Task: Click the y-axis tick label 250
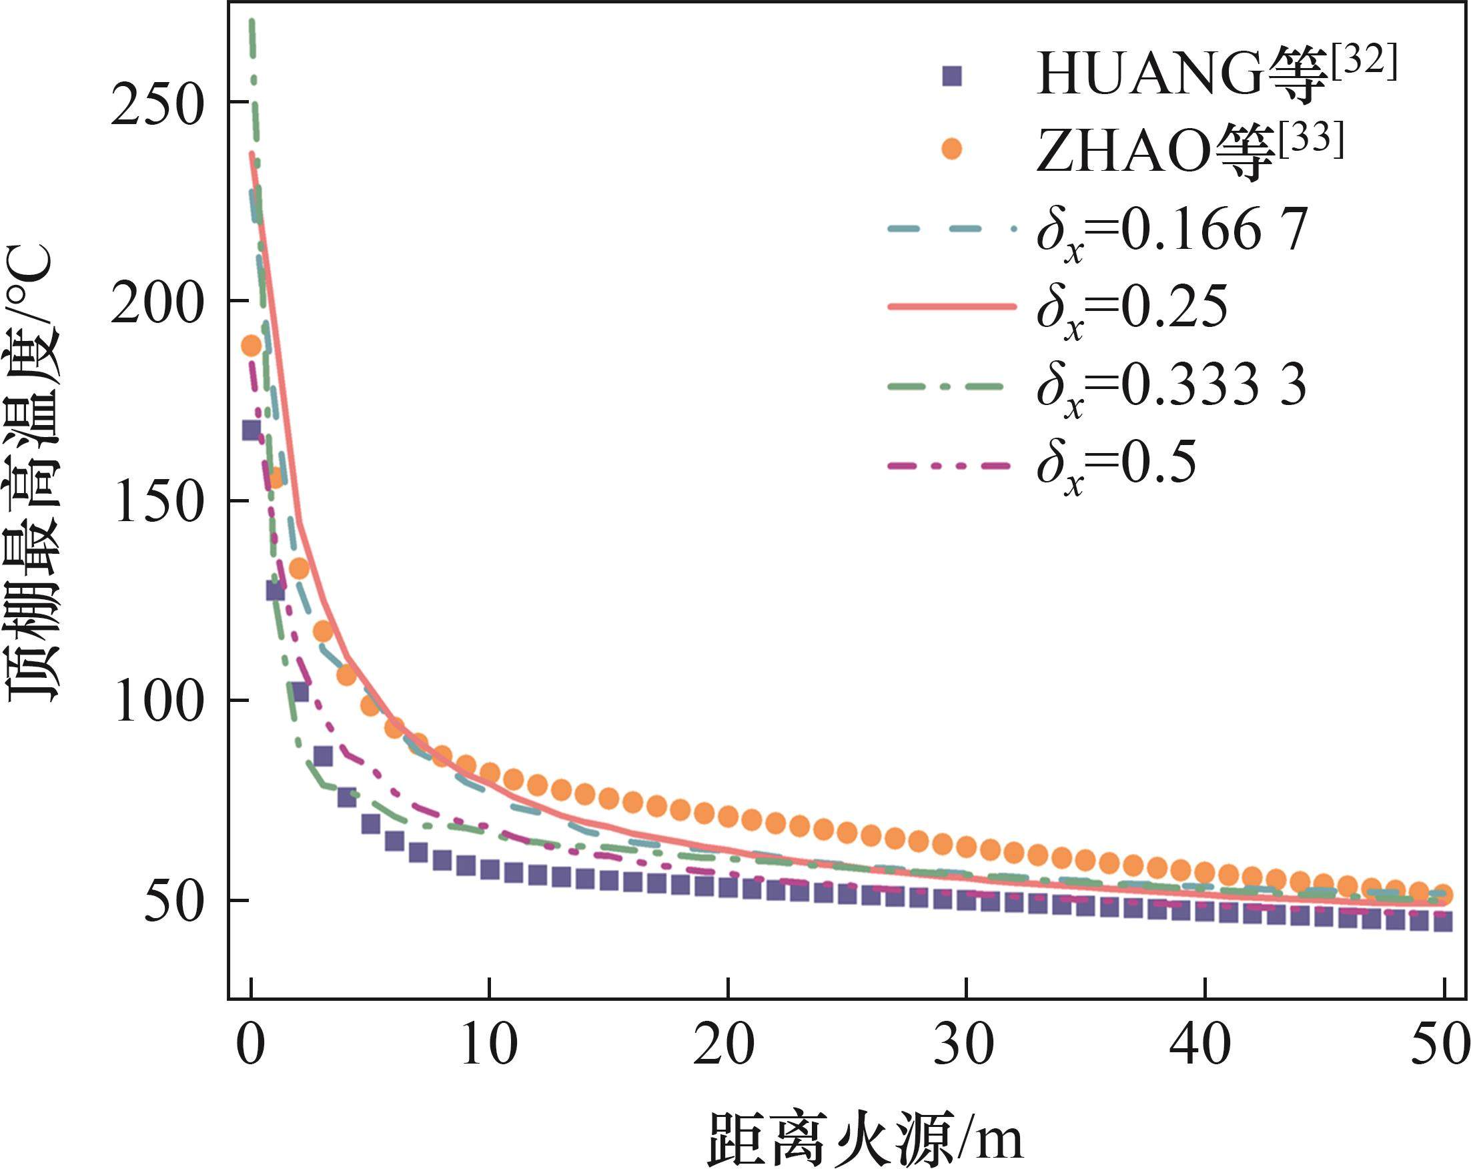tap(157, 104)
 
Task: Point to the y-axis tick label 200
tap(157, 303)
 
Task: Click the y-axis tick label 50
tap(174, 902)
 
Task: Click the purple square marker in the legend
tap(951, 77)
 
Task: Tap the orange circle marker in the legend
tap(951, 149)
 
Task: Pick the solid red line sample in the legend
tap(952, 308)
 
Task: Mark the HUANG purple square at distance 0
tap(251, 430)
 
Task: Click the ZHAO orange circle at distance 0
tap(252, 346)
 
